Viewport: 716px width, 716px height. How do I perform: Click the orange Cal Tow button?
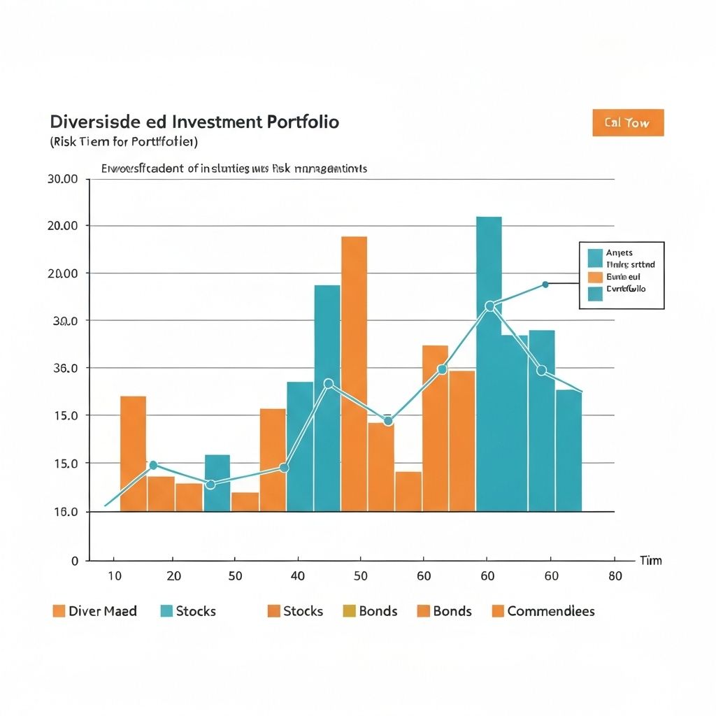[x=627, y=123]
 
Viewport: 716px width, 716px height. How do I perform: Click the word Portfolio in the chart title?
[x=303, y=122]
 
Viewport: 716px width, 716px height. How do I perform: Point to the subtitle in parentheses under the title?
[x=124, y=142]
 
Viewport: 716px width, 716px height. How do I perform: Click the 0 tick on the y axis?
[x=75, y=561]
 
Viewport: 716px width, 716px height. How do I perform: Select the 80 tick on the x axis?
[x=614, y=576]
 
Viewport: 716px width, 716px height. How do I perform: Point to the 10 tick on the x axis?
[x=115, y=576]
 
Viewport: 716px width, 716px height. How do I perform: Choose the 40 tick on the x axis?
[x=298, y=576]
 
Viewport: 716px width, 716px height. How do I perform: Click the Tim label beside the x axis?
[x=650, y=561]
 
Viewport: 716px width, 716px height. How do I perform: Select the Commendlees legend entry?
[x=551, y=611]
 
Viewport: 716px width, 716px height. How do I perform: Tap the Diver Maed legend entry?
[x=103, y=611]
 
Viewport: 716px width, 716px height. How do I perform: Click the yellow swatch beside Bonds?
[x=350, y=611]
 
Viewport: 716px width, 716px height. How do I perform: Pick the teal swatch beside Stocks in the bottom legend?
[x=166, y=611]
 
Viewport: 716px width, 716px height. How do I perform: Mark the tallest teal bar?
[x=489, y=364]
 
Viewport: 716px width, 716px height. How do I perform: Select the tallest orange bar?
[x=354, y=374]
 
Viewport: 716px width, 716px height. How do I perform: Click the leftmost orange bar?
[x=134, y=453]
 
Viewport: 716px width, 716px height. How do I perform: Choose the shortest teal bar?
[x=217, y=482]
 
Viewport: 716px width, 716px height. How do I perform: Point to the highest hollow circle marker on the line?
[x=489, y=306]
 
